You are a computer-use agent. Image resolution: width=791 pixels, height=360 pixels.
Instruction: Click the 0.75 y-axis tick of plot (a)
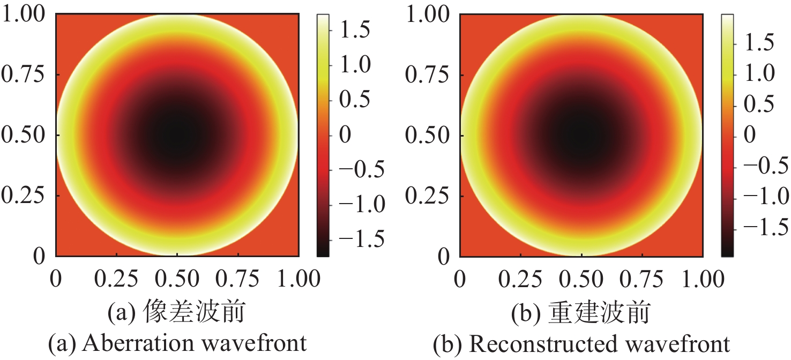(x=24, y=74)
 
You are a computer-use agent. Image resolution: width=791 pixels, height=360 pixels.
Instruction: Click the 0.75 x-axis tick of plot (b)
(x=641, y=279)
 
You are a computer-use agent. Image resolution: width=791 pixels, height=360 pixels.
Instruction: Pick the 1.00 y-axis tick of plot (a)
(x=24, y=14)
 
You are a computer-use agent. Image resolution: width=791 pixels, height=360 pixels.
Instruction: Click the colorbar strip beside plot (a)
(x=323, y=135)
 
